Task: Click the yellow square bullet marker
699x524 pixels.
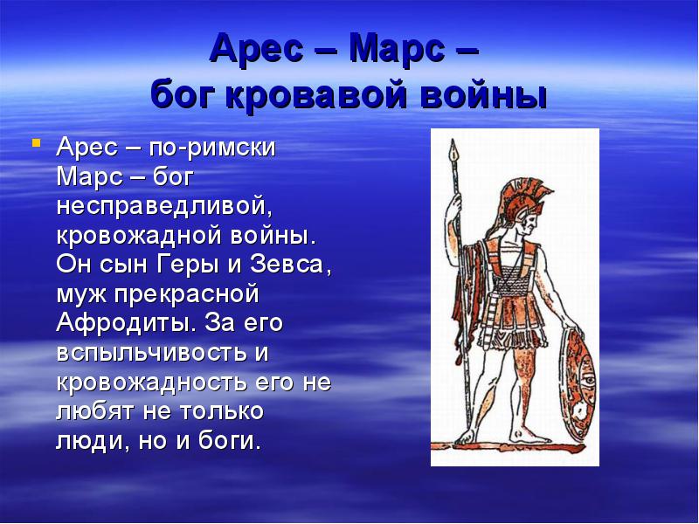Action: point(36,141)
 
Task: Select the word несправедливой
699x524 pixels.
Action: point(160,206)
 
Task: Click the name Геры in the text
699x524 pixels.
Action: point(216,265)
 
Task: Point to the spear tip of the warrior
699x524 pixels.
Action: point(452,153)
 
